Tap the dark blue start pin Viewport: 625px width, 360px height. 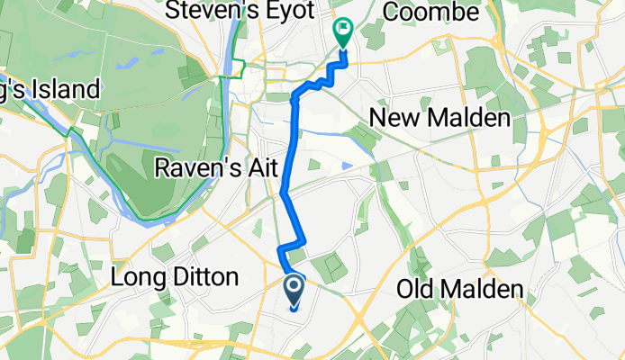tap(294, 291)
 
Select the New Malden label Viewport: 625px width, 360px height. tap(439, 118)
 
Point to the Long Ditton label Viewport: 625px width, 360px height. tap(174, 276)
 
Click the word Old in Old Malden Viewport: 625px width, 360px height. tap(415, 290)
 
